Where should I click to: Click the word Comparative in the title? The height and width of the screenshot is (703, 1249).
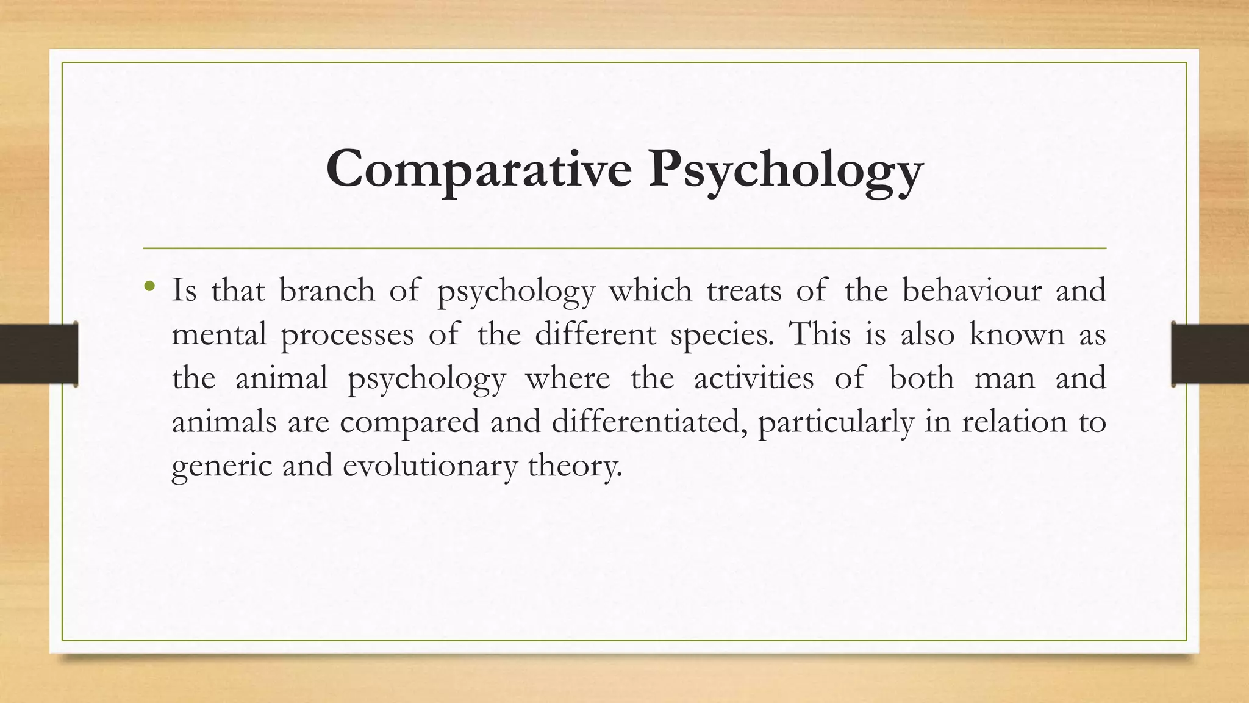[x=479, y=169]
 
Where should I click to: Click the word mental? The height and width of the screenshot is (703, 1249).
[x=220, y=334]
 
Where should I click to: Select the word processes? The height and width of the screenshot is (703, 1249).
[x=347, y=335]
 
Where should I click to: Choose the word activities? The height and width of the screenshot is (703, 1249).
[x=754, y=378]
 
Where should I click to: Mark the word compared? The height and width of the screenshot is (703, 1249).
[x=410, y=422]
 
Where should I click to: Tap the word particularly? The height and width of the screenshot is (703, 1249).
[x=836, y=422]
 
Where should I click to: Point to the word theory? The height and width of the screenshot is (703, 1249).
[x=575, y=466]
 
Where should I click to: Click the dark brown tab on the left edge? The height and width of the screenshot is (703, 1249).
[x=38, y=354]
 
